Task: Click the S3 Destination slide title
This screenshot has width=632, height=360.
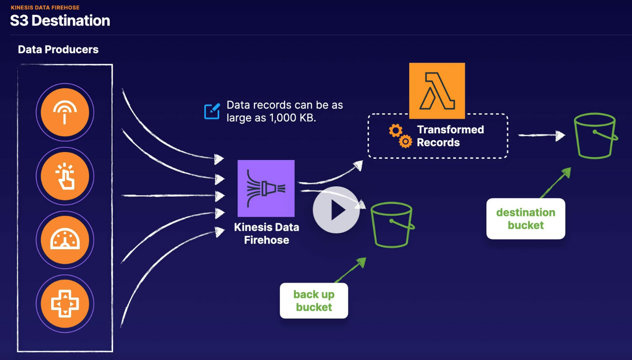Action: (x=60, y=21)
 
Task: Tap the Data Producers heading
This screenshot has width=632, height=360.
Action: (x=58, y=49)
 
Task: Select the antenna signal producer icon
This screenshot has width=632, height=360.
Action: (x=65, y=113)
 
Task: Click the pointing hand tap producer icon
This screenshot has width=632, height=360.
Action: (x=65, y=176)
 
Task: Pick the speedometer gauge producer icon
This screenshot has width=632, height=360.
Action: (x=65, y=240)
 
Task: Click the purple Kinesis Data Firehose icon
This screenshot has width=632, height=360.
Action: (x=266, y=189)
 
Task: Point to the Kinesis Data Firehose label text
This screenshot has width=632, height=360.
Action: (x=266, y=233)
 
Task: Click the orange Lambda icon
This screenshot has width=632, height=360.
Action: (x=437, y=91)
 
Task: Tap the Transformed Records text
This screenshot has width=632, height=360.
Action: (x=450, y=136)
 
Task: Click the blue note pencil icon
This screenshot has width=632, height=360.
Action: (x=212, y=111)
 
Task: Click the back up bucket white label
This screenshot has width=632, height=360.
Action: (x=314, y=301)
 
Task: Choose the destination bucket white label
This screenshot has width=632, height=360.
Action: (x=525, y=219)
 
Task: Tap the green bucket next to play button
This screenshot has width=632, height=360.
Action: (x=392, y=225)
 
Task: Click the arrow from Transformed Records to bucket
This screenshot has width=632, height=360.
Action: (x=541, y=135)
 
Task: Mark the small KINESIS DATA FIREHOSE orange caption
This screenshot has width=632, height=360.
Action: (x=45, y=8)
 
